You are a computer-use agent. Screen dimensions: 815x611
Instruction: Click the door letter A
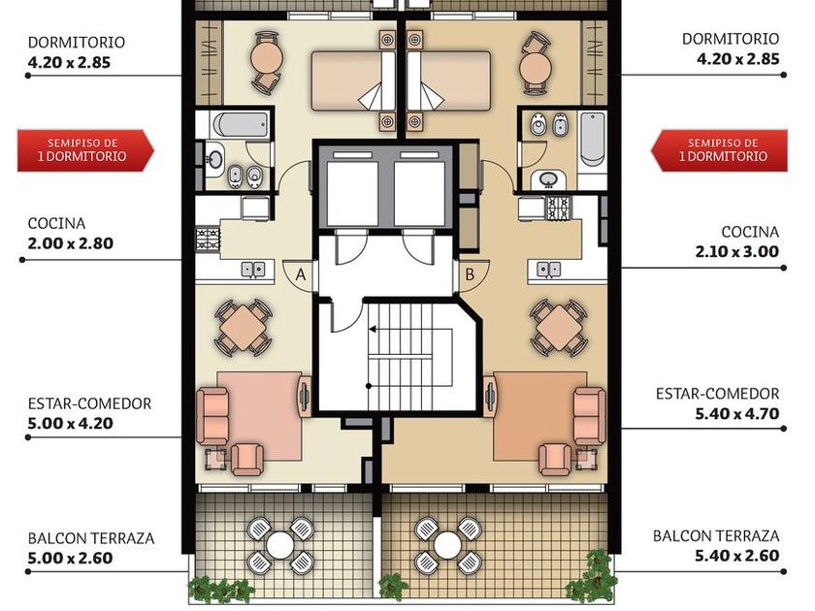tap(301, 274)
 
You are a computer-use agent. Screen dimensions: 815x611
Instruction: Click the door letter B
tap(470, 273)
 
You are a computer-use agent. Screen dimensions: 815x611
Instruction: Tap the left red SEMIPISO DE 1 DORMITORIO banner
tap(85, 150)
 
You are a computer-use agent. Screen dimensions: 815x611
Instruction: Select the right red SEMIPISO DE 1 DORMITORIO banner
tap(719, 150)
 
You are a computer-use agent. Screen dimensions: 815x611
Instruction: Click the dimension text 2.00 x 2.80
tap(71, 243)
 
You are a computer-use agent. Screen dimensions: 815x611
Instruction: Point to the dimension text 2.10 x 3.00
tap(737, 251)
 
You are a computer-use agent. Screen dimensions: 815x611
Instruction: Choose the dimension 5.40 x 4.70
tap(737, 413)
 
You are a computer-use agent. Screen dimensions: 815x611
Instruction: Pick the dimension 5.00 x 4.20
tap(71, 423)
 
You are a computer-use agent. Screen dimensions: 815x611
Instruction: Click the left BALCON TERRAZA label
tap(91, 537)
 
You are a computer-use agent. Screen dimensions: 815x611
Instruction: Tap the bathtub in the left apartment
tap(241, 125)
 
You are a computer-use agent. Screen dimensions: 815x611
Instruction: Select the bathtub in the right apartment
tap(593, 139)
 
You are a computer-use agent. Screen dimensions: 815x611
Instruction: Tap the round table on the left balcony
tap(280, 544)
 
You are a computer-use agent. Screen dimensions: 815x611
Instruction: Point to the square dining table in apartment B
tap(559, 328)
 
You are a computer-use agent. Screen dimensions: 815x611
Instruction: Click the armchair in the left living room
tap(246, 460)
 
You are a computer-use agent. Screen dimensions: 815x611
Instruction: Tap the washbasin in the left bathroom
tap(214, 157)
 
